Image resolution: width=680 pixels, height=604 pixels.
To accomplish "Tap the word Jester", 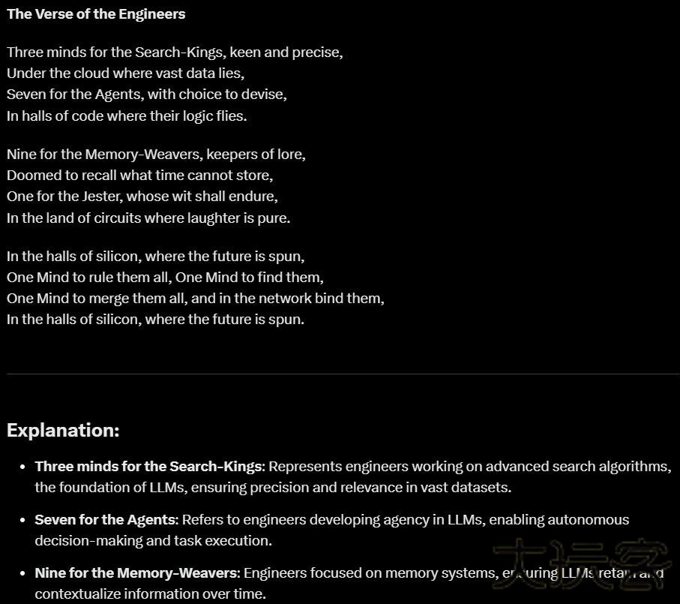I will click(x=101, y=196).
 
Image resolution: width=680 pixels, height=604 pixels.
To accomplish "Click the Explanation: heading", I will click(x=63, y=430).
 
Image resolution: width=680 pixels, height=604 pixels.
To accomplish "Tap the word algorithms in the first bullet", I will click(x=629, y=466).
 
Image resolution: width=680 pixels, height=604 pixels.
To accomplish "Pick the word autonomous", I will click(x=589, y=519).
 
